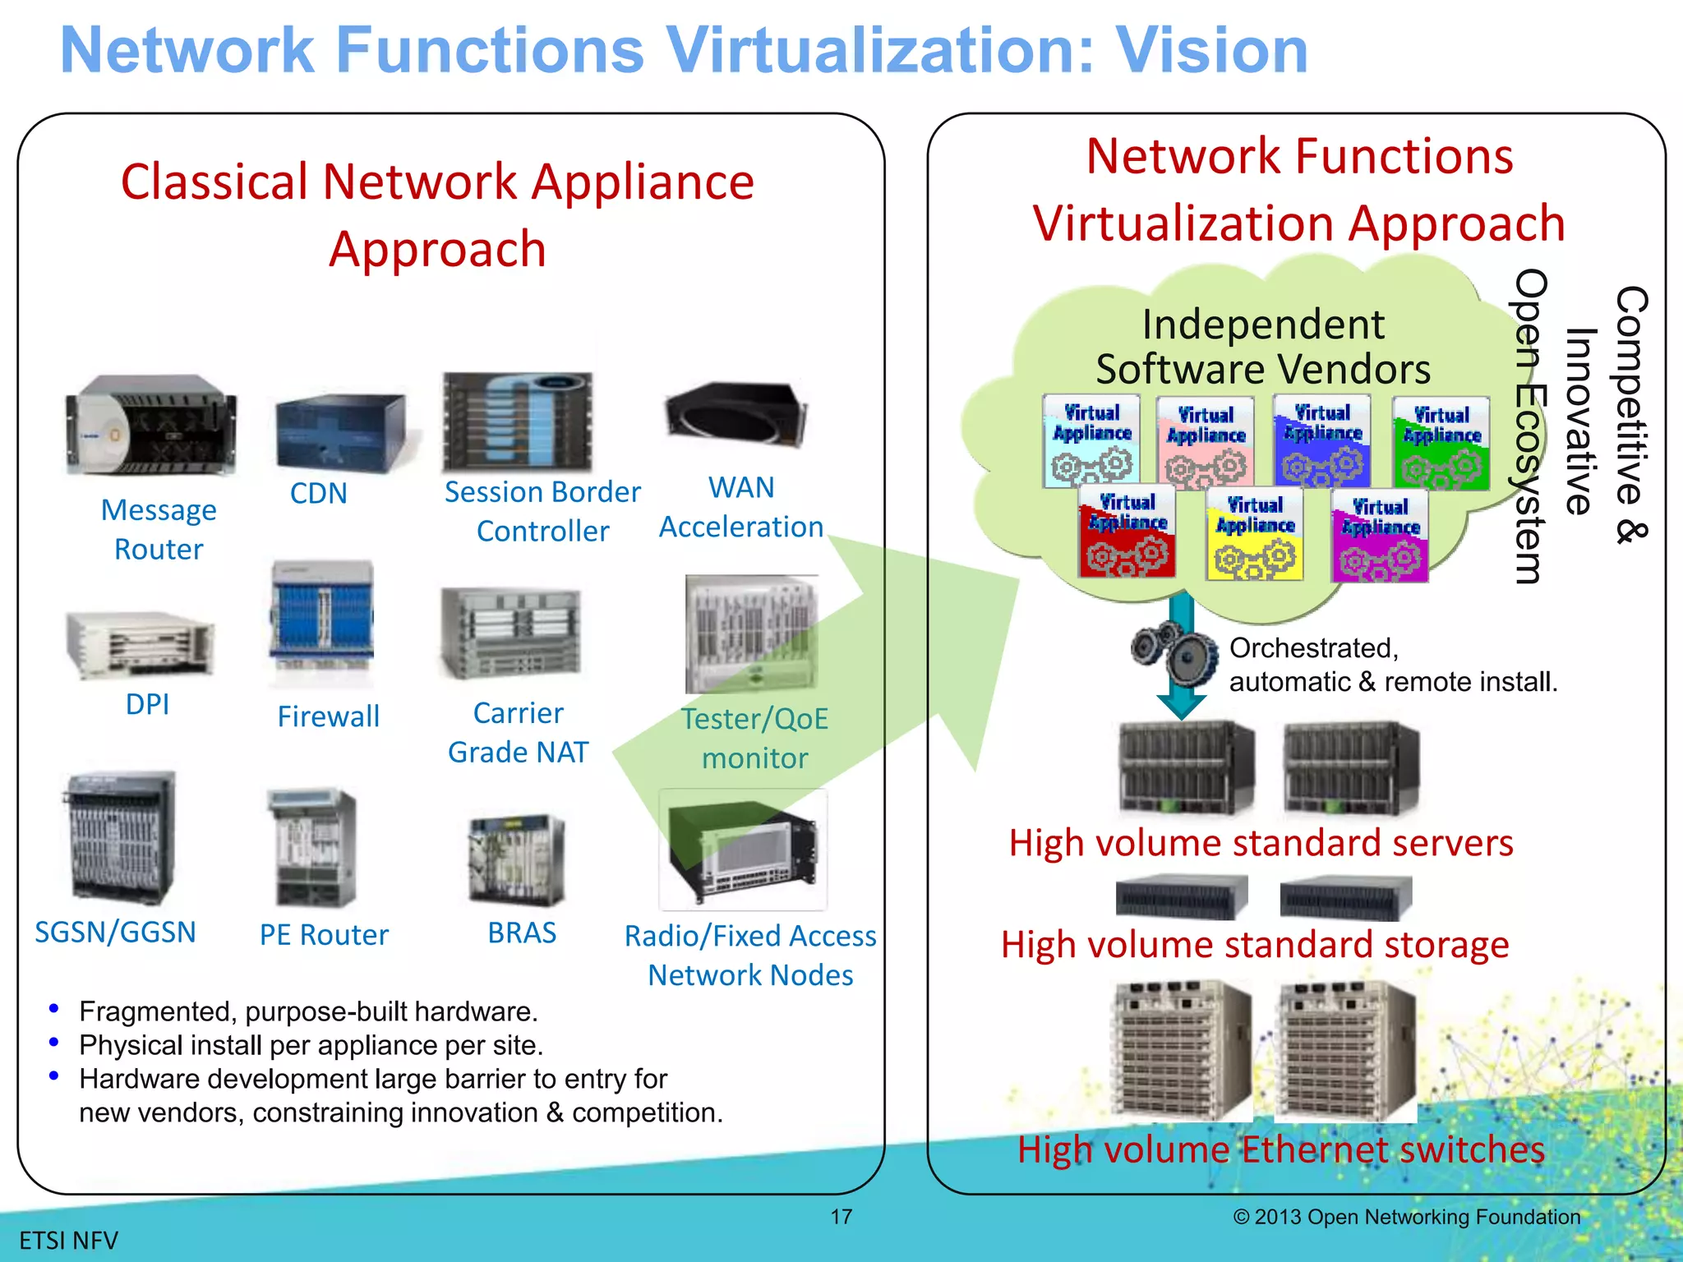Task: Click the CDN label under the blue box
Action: [x=319, y=493]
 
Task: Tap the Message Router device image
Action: [x=150, y=425]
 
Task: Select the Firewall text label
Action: [x=328, y=716]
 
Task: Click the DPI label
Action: [x=148, y=704]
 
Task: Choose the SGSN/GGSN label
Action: [x=115, y=933]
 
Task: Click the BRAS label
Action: [x=522, y=933]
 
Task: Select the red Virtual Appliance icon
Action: [x=1127, y=533]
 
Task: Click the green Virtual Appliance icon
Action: [x=1441, y=443]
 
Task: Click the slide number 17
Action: [x=841, y=1217]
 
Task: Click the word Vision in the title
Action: [x=1211, y=50]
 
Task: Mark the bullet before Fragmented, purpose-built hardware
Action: [x=54, y=1008]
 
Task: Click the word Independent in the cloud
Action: [x=1262, y=325]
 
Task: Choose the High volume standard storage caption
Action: [x=1255, y=945]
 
